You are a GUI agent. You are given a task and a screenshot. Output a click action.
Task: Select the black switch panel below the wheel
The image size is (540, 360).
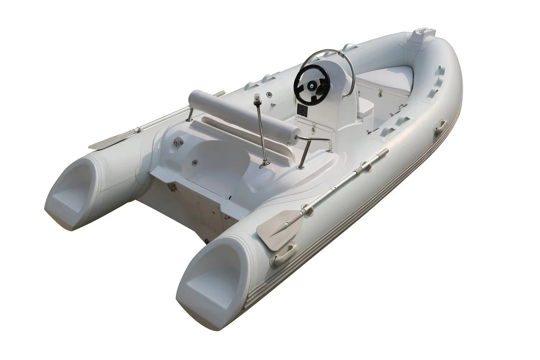pos(302,109)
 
